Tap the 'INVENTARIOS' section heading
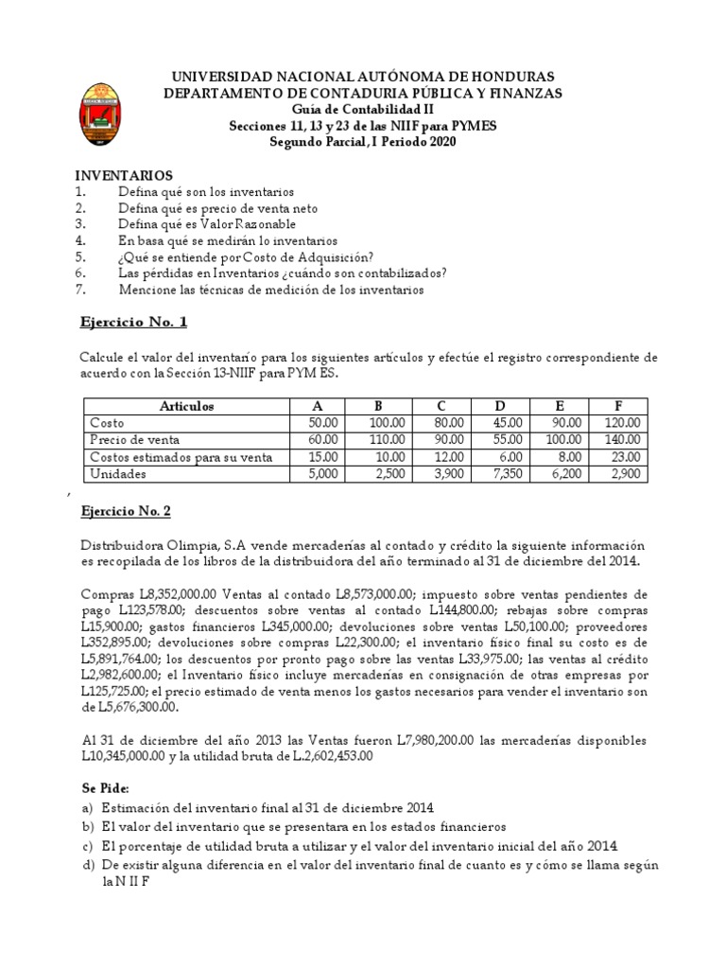pyautogui.click(x=124, y=176)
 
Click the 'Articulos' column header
pyautogui.click(x=186, y=406)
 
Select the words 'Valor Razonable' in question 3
pyautogui.click(x=250, y=224)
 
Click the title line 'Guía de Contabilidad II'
pyautogui.click(x=362, y=109)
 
